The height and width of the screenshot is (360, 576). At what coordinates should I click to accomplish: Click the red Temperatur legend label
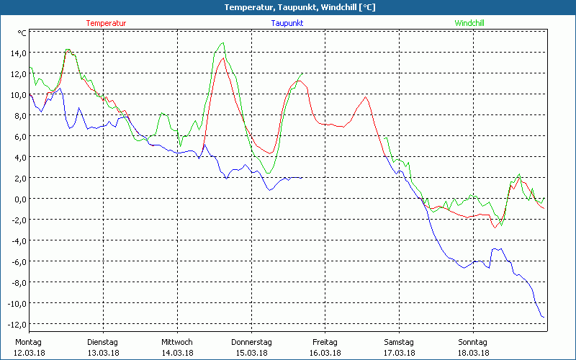[106, 23]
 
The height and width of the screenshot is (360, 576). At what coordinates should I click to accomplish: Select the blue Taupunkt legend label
[288, 23]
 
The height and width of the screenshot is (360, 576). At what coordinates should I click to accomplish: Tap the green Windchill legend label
[469, 23]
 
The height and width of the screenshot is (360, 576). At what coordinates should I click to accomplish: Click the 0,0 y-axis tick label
[17, 199]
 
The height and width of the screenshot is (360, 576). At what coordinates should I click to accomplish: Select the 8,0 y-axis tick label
[17, 116]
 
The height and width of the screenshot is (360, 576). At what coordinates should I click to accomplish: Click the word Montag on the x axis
[28, 342]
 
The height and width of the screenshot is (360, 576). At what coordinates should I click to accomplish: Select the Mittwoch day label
[176, 342]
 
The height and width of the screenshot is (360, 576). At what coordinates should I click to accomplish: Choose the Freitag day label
[325, 342]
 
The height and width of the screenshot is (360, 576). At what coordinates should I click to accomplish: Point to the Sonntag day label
[473, 342]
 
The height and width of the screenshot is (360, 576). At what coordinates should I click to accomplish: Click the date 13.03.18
[103, 353]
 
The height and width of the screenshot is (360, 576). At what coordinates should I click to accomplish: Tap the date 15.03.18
[251, 353]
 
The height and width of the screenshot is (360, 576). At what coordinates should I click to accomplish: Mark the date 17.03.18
[399, 353]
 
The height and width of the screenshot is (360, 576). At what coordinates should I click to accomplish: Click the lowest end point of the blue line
[543, 317]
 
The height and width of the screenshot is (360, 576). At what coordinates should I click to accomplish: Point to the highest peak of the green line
[222, 43]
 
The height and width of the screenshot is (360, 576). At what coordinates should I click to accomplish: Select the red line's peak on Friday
[366, 97]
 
